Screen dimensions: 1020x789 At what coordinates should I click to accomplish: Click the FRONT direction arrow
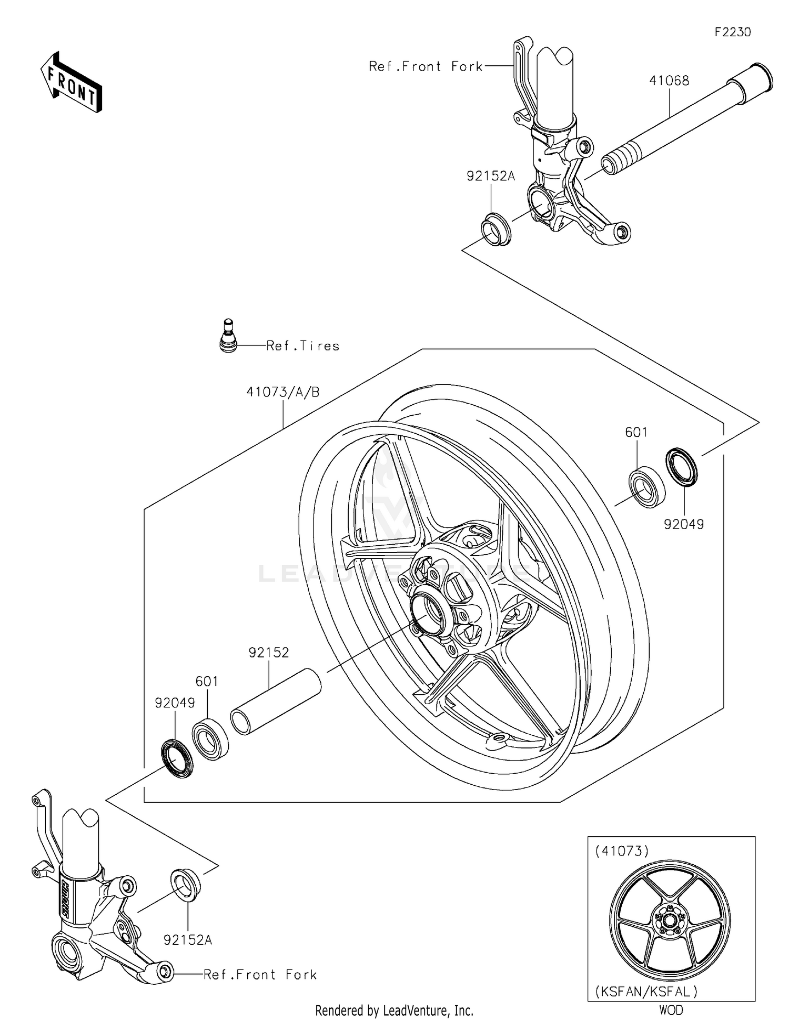[72, 83]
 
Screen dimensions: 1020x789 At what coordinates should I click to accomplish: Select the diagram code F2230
[732, 32]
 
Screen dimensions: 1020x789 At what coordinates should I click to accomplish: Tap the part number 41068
[669, 81]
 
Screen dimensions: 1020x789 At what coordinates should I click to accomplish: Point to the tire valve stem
[228, 336]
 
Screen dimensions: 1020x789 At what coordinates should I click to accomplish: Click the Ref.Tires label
[302, 346]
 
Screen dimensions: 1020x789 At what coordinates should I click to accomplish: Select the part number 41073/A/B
[282, 392]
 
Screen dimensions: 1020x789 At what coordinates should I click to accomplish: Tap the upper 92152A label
[490, 176]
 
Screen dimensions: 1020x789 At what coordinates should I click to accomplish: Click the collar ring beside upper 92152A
[495, 229]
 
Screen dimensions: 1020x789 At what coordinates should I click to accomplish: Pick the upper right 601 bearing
[647, 486]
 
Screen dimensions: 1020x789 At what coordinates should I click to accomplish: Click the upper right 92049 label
[683, 524]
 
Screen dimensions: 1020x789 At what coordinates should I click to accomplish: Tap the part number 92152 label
[269, 653]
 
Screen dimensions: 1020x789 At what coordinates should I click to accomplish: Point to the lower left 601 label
[207, 681]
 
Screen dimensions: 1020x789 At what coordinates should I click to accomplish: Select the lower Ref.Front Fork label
[260, 975]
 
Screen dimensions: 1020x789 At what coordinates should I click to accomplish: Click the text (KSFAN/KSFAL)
[646, 992]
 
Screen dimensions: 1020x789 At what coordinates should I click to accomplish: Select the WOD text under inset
[671, 1010]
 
